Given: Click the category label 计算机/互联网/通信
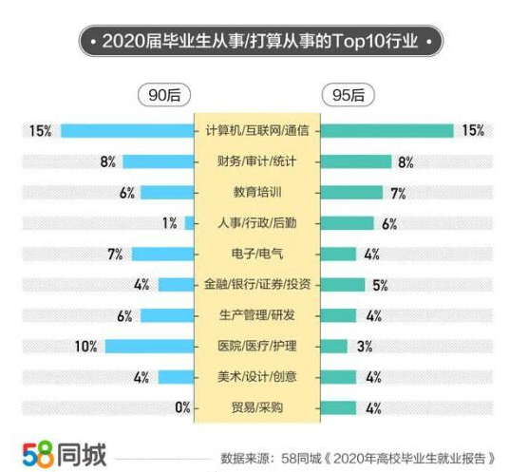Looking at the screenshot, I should [257, 130].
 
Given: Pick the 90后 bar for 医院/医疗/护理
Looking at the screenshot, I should [149, 347].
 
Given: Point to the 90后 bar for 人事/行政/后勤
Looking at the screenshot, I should [189, 223].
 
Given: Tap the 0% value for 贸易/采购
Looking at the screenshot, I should [182, 408].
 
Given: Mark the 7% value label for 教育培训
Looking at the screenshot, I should [398, 193].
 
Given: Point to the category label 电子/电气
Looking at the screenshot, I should [257, 255].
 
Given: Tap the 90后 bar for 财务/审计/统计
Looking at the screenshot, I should [158, 161].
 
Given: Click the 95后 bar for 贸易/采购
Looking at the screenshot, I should [339, 408].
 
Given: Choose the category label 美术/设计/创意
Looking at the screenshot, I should [257, 378].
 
